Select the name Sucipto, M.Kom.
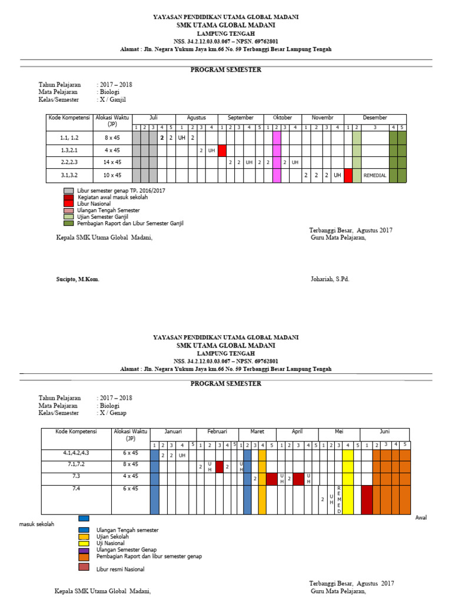pyautogui.click(x=74, y=279)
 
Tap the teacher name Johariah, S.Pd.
pyautogui.click(x=330, y=279)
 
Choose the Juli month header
pyautogui.click(x=153, y=118)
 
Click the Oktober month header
pyautogui.click(x=282, y=118)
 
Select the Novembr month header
pyautogui.click(x=323, y=118)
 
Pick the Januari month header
pyautogui.click(x=173, y=432)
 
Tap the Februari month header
pyautogui.click(x=217, y=432)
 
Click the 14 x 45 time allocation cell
pyautogui.click(x=112, y=162)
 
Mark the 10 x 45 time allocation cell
pyautogui.click(x=112, y=175)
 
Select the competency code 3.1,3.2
pyautogui.click(x=69, y=175)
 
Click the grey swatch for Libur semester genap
pyautogui.click(x=68, y=191)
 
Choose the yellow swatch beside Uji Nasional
pyautogui.click(x=84, y=543)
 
